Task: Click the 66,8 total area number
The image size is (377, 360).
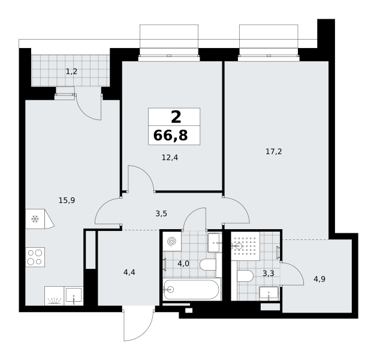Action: [170, 136]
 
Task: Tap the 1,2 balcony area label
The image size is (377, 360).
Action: [72, 71]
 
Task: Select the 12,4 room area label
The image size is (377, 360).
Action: [170, 158]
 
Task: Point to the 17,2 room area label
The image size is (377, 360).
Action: [274, 152]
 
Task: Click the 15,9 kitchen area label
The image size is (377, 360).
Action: [67, 200]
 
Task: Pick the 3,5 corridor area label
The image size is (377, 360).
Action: [161, 214]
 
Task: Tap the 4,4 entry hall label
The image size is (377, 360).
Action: [129, 272]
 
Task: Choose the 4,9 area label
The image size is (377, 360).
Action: [319, 279]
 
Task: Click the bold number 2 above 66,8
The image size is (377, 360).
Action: [176, 117]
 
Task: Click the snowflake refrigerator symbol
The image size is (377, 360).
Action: [35, 219]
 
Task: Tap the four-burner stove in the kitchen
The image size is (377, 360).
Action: [35, 257]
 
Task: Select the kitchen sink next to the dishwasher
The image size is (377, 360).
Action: [74, 296]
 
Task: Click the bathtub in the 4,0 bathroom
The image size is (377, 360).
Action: [192, 289]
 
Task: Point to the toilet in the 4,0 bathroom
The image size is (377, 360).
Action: [208, 265]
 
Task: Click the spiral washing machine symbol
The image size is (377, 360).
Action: [172, 241]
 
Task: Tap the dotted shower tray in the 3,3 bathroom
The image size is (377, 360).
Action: [246, 246]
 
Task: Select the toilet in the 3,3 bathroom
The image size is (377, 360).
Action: [245, 276]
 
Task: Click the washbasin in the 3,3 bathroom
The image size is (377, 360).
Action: [269, 293]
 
